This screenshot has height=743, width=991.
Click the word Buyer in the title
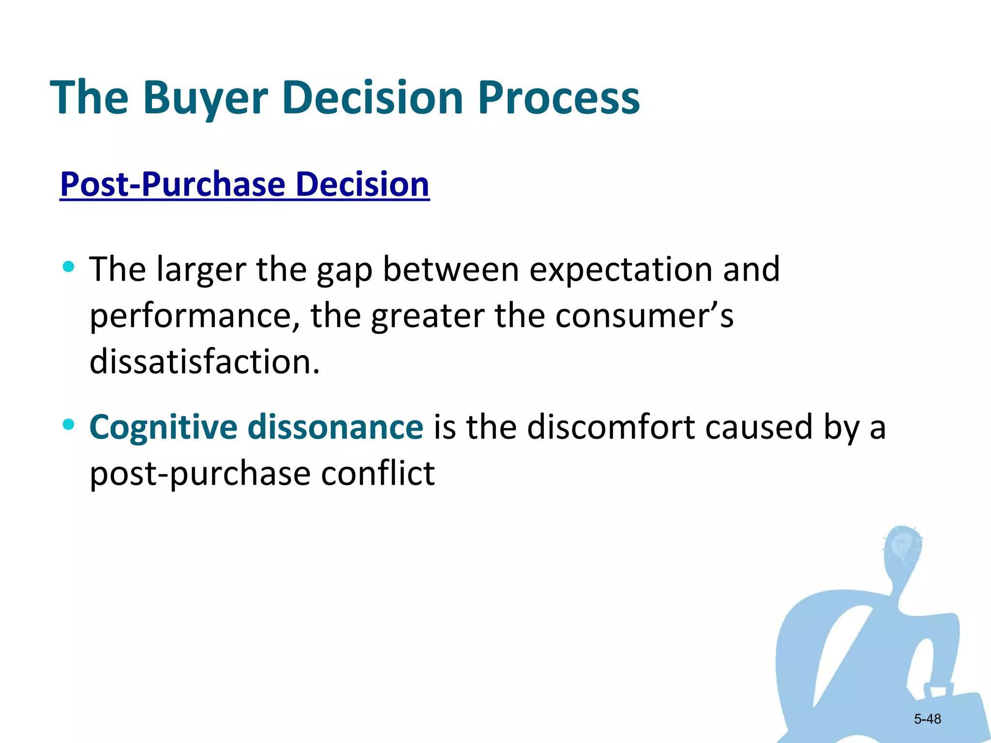(x=205, y=98)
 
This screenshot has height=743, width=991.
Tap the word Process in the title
(x=559, y=98)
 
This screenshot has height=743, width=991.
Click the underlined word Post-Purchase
(x=173, y=185)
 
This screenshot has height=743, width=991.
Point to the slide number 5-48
(x=927, y=719)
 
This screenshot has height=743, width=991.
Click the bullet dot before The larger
(x=69, y=266)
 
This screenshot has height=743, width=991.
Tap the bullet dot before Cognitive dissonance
(x=69, y=425)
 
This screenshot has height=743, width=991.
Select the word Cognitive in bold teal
(x=163, y=428)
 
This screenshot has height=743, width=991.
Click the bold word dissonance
(x=335, y=428)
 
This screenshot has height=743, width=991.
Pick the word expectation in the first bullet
(x=620, y=269)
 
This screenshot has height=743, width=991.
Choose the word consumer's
(x=644, y=316)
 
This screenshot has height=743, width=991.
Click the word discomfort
(x=611, y=428)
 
